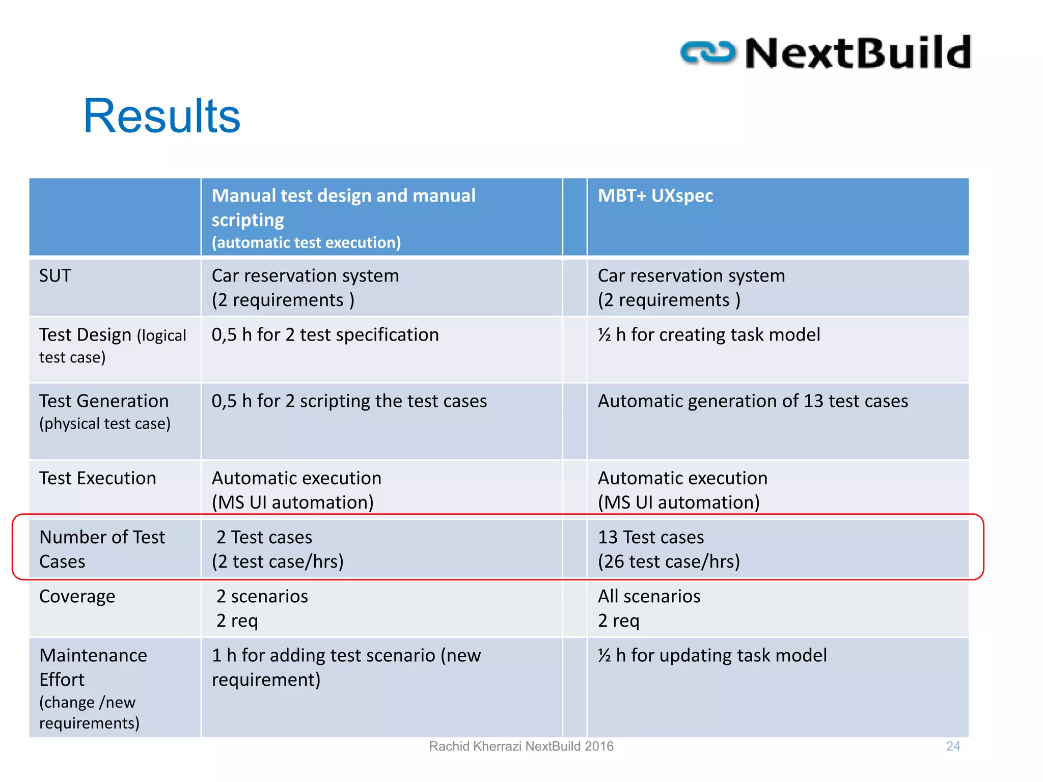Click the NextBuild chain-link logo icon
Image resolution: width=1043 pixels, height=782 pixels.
[x=708, y=53]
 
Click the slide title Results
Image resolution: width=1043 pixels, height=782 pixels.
[x=161, y=116]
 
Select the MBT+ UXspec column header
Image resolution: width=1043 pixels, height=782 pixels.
[x=655, y=196]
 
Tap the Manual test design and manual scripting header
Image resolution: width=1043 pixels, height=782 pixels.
[x=343, y=208]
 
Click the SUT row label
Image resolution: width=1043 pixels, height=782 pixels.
[x=55, y=276]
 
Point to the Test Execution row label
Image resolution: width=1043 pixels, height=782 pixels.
[x=97, y=479]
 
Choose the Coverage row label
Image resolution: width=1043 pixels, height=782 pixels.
[x=77, y=597]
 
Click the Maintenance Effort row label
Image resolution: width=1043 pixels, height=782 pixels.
[x=93, y=667]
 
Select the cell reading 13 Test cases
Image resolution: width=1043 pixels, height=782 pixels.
[x=651, y=538]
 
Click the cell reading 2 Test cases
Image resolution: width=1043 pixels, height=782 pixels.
[x=264, y=538]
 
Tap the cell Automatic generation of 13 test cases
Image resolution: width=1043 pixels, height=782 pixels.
[x=752, y=401]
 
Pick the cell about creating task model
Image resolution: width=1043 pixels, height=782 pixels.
[x=708, y=335]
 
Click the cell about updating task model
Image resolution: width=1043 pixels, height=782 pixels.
[x=712, y=656]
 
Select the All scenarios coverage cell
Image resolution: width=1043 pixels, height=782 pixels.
[x=649, y=597]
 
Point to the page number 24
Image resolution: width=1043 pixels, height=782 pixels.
[x=953, y=746]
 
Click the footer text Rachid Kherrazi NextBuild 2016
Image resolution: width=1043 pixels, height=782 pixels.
[x=521, y=746]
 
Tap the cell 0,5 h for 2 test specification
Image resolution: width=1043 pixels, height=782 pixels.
[x=325, y=335]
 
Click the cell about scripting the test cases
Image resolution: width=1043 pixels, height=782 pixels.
[x=349, y=401]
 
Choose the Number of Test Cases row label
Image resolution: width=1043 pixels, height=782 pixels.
[x=102, y=549]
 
